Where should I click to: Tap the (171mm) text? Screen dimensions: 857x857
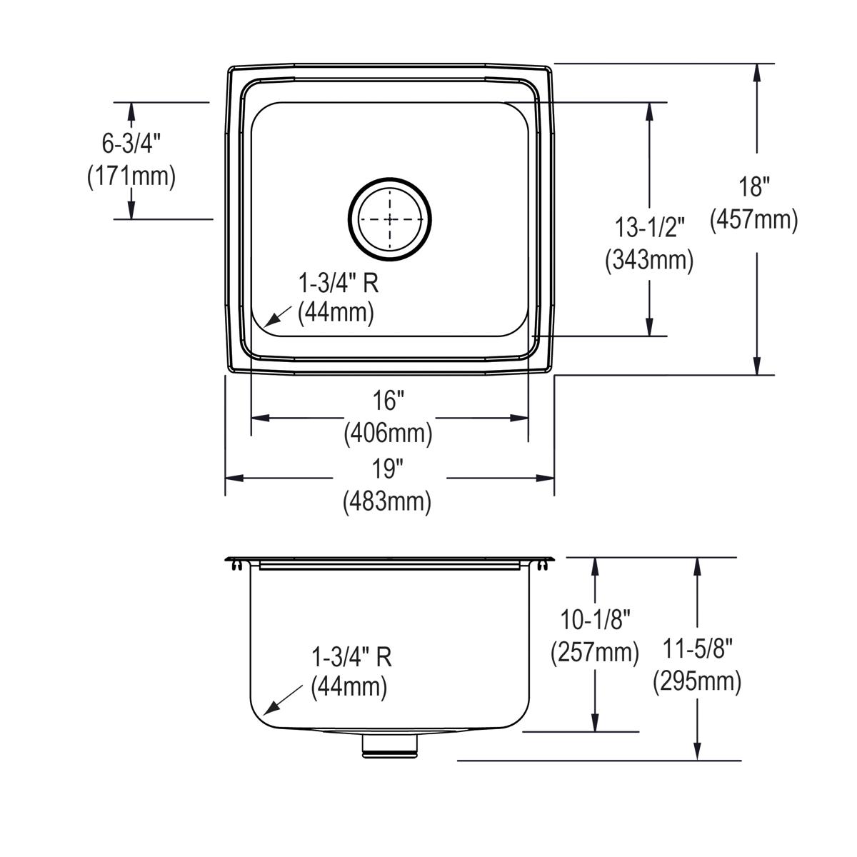click(x=131, y=176)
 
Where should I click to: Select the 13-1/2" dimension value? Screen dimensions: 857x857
click(x=649, y=227)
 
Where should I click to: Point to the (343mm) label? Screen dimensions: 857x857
click(x=649, y=259)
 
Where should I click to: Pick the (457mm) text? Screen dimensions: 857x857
click(x=754, y=219)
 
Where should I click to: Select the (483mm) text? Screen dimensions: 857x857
click(x=387, y=501)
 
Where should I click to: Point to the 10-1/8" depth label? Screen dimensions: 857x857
click(x=595, y=619)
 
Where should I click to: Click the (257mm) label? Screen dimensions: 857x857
click(x=595, y=652)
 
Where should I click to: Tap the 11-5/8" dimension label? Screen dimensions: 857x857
click(x=697, y=648)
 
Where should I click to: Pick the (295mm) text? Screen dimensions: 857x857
click(x=697, y=681)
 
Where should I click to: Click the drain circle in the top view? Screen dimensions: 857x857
click(x=390, y=219)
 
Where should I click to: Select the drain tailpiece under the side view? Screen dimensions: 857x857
click(x=390, y=746)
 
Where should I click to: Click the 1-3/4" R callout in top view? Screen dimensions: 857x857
click(x=338, y=298)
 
